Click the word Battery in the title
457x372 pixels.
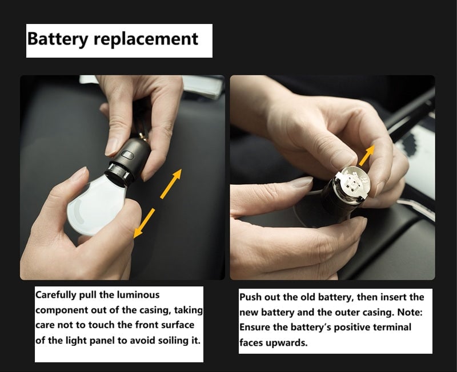click(58, 39)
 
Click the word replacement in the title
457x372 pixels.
click(146, 39)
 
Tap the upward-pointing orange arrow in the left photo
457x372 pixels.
click(171, 184)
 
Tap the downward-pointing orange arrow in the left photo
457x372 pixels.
click(144, 223)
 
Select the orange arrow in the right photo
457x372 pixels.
click(367, 155)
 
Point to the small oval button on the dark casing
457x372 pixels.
click(127, 155)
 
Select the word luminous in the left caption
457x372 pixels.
click(138, 295)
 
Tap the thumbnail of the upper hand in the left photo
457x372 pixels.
click(111, 147)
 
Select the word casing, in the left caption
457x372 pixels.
click(155, 310)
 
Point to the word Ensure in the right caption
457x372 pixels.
click(255, 327)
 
